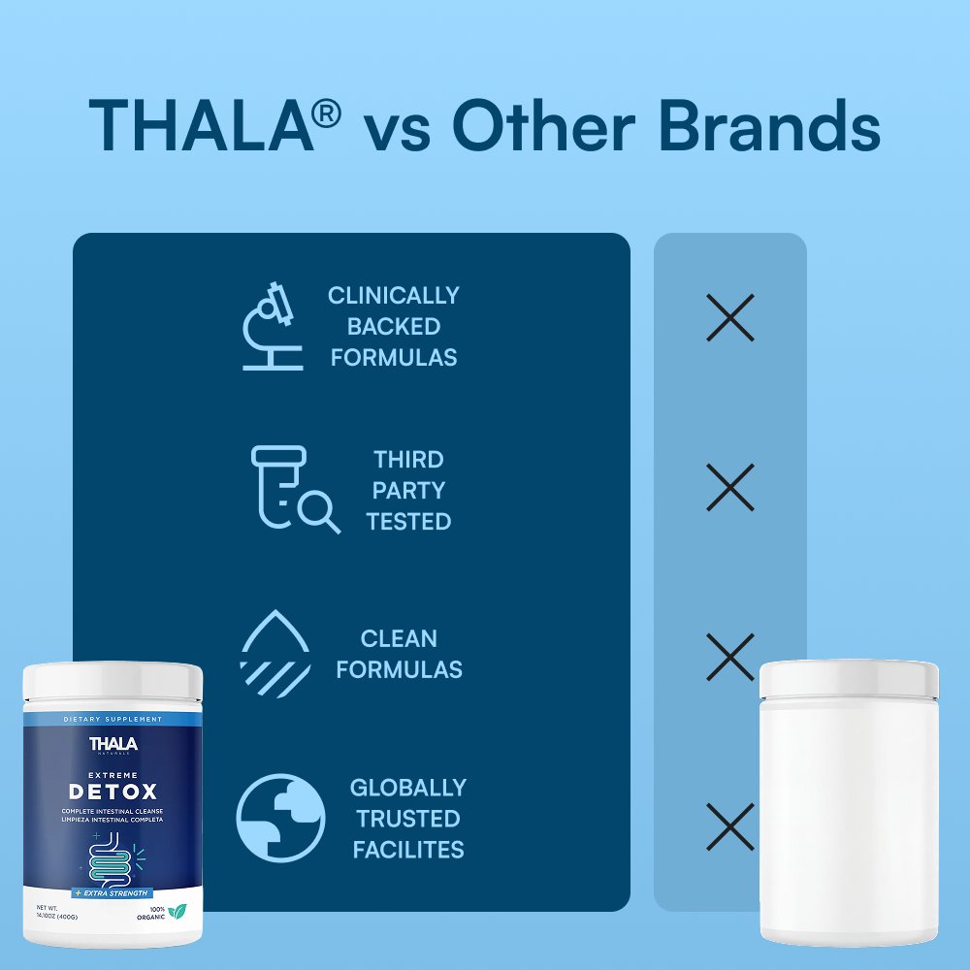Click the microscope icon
point(273,326)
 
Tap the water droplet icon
point(275,653)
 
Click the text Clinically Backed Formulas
point(394,326)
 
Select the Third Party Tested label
point(408,490)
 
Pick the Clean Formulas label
point(399,654)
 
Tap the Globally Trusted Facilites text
point(408,818)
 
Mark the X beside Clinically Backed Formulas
point(730,317)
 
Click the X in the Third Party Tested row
point(730,487)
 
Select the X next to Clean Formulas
point(730,657)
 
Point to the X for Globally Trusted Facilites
point(730,826)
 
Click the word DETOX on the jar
point(113,791)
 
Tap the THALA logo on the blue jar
point(113,745)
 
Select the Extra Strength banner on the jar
point(112,892)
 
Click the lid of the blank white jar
point(849,679)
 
